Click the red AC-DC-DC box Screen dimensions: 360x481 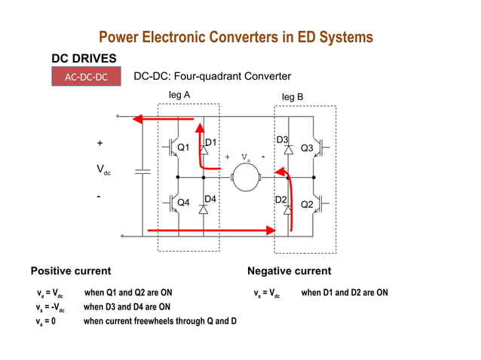coord(85,77)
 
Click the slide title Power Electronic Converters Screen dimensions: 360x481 coord(236,38)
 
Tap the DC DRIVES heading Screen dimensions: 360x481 coord(84,58)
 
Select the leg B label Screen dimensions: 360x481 coord(293,97)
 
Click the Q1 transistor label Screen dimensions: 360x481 coord(183,148)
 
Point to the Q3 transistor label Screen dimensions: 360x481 coord(307,148)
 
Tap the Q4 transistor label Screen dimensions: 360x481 coord(183,203)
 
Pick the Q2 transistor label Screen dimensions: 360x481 coord(307,204)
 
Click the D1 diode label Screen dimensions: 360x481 coord(211,142)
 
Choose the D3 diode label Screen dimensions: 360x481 coord(282,140)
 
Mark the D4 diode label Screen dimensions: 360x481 coord(211,198)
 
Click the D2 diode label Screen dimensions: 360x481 coord(280,199)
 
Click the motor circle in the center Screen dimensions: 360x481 coord(245,177)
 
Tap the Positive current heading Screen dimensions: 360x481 coord(70,270)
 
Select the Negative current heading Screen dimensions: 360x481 coord(289,270)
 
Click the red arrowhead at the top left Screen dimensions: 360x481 coord(139,117)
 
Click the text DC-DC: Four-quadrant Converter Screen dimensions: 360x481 coord(212,77)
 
